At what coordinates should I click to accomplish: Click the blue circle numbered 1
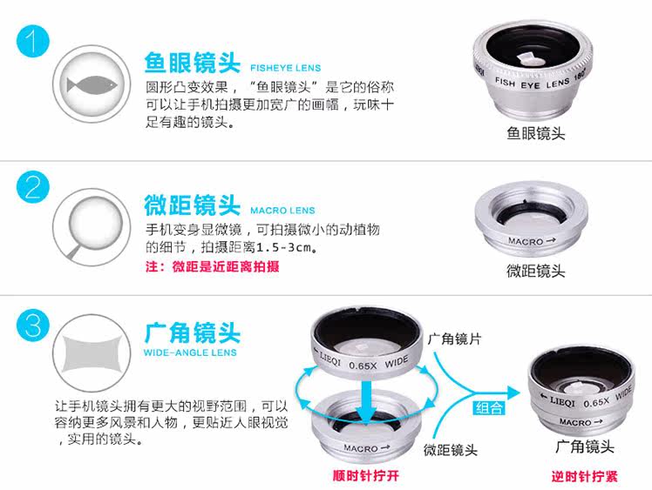[x=33, y=41]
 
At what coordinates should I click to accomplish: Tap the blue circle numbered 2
[x=33, y=187]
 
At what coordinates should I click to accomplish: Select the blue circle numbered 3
[x=33, y=326]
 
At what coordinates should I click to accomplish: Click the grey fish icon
[x=92, y=85]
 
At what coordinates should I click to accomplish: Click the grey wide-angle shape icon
[x=92, y=354]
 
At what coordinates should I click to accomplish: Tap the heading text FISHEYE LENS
[x=286, y=68]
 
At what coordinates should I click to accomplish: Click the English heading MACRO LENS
[x=282, y=211]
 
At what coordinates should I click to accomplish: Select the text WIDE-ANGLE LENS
[x=190, y=352]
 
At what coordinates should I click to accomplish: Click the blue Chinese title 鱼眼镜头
[x=193, y=63]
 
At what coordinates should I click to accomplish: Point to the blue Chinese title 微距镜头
[x=193, y=205]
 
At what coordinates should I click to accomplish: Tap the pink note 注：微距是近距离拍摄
[x=213, y=266]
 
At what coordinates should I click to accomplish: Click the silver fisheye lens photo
[x=533, y=69]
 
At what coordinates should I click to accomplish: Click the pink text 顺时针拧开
[x=365, y=475]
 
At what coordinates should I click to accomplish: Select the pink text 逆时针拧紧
[x=585, y=476]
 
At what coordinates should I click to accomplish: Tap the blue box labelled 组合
[x=489, y=408]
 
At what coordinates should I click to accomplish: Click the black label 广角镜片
[x=454, y=339]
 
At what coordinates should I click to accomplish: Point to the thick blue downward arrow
[x=366, y=402]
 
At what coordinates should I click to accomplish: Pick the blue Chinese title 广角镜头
[x=193, y=332]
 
